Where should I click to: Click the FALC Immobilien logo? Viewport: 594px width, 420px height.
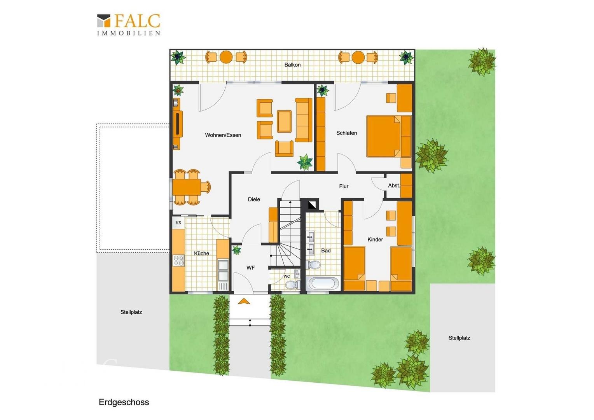click(x=129, y=24)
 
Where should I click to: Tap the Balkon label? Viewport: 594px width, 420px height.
click(x=292, y=65)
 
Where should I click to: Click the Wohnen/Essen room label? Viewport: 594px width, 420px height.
click(x=223, y=135)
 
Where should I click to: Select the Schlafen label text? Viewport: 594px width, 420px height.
click(x=347, y=133)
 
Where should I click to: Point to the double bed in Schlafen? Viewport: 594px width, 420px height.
click(x=389, y=136)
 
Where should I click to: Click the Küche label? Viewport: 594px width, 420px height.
click(x=201, y=254)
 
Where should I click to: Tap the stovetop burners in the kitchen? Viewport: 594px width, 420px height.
click(x=179, y=260)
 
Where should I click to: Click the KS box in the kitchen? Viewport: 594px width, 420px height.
click(x=178, y=222)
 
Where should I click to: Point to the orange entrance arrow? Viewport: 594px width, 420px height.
click(x=244, y=301)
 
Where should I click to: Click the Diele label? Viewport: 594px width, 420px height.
click(x=254, y=199)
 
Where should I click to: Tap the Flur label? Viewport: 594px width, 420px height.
click(x=344, y=187)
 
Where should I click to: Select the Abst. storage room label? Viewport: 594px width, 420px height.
click(x=394, y=186)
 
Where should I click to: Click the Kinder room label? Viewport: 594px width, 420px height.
click(x=375, y=240)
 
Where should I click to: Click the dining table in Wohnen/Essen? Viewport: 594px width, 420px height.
click(x=187, y=187)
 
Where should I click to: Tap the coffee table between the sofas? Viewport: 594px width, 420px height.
click(x=284, y=121)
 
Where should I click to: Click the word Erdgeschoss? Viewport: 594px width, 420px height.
click(x=124, y=402)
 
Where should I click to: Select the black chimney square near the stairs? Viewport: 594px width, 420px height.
click(x=312, y=205)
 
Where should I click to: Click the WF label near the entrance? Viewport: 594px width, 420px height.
click(x=251, y=268)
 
